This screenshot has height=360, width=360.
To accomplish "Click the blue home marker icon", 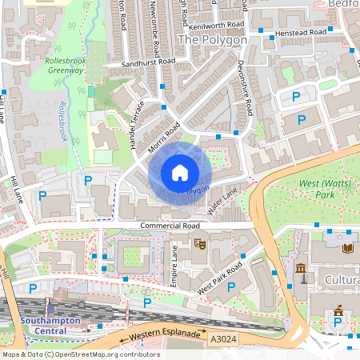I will click(x=179, y=173).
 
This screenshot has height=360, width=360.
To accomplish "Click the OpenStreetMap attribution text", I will click(x=80, y=354).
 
